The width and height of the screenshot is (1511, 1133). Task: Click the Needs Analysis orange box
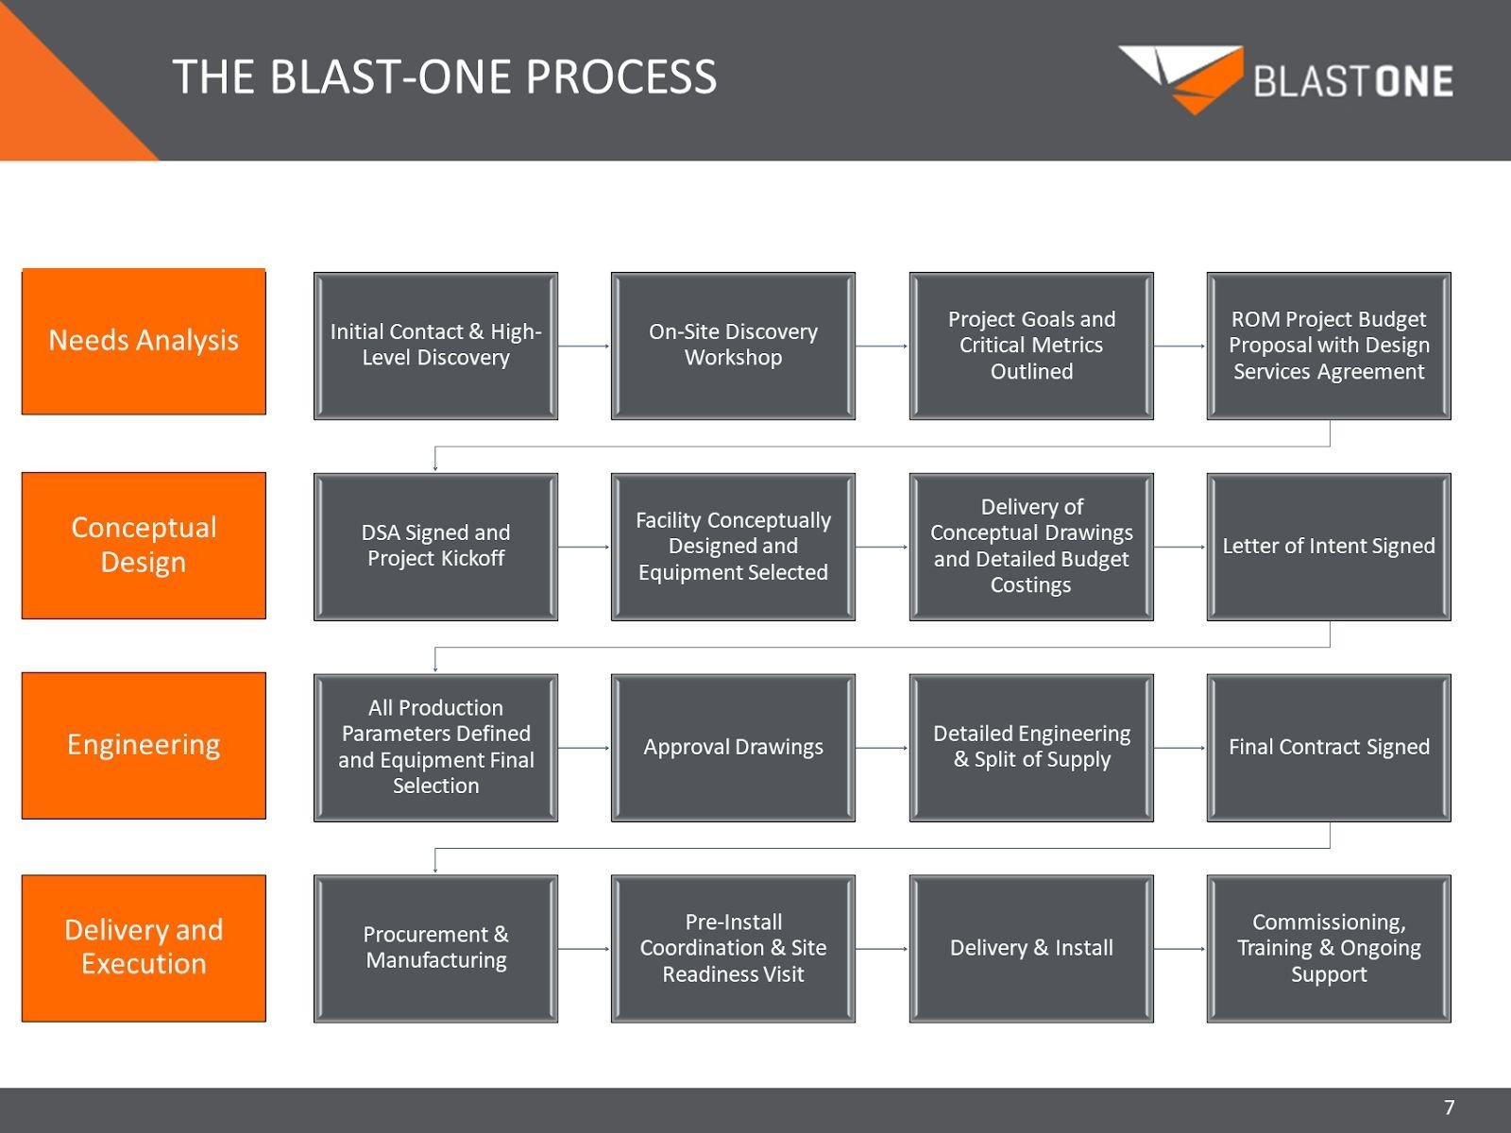(x=144, y=341)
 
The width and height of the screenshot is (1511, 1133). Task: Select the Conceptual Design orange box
(x=144, y=545)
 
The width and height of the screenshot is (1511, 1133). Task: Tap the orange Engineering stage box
(x=144, y=745)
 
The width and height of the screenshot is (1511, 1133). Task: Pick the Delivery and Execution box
(x=144, y=947)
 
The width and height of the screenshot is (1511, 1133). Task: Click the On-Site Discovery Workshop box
(x=733, y=346)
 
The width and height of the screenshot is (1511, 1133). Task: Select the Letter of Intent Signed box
(x=1329, y=547)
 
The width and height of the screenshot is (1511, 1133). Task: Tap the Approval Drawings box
(x=733, y=747)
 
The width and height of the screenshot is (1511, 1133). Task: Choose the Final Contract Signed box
(x=1329, y=747)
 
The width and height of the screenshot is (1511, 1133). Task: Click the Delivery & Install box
(x=1031, y=948)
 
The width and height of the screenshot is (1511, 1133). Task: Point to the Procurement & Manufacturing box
(x=435, y=948)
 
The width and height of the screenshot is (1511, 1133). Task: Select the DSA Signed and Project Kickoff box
(x=435, y=547)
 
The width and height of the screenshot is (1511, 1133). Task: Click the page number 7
(x=1450, y=1108)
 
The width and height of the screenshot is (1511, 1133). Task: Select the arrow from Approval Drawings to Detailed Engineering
(x=882, y=748)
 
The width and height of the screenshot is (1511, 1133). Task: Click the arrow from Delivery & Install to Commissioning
(x=1180, y=949)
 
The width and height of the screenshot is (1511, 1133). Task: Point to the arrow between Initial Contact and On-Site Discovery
(x=584, y=347)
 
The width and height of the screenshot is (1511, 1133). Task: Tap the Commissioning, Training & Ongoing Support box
(x=1329, y=948)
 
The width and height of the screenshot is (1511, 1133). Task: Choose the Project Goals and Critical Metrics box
(x=1031, y=346)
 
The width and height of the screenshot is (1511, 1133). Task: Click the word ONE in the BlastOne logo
(x=1414, y=82)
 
